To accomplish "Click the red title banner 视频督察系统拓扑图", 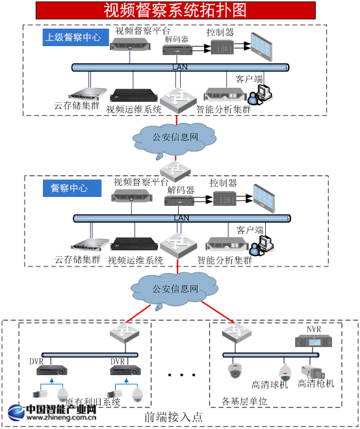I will (175, 10).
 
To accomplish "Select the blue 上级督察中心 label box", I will (73, 37).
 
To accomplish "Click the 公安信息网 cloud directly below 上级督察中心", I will (175, 137).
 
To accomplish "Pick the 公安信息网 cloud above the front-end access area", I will (175, 289).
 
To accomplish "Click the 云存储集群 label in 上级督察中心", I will (77, 106).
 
